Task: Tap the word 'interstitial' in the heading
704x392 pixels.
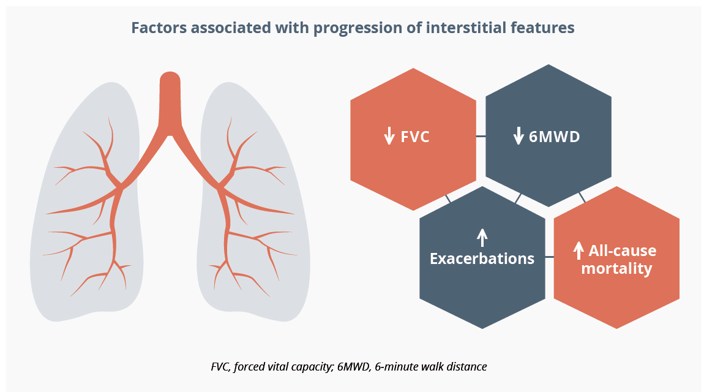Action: [466, 28]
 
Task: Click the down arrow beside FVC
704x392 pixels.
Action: [389, 135]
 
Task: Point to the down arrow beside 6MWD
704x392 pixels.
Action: [519, 135]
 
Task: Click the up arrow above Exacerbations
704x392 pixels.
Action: [482, 238]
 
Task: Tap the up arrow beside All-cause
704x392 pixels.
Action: [579, 251]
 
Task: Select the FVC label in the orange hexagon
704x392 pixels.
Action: [415, 137]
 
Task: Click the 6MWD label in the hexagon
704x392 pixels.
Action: [555, 137]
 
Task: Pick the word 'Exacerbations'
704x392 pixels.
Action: [482, 258]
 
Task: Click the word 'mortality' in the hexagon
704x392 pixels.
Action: [616, 268]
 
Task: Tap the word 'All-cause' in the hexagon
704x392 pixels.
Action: [623, 251]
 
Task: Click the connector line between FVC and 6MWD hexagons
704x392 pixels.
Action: [481, 136]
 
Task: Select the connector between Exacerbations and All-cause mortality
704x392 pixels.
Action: [550, 257]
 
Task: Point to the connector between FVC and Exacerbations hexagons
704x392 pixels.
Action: [448, 198]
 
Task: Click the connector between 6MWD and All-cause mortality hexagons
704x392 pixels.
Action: [582, 197]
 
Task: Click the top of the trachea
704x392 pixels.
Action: [170, 73]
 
